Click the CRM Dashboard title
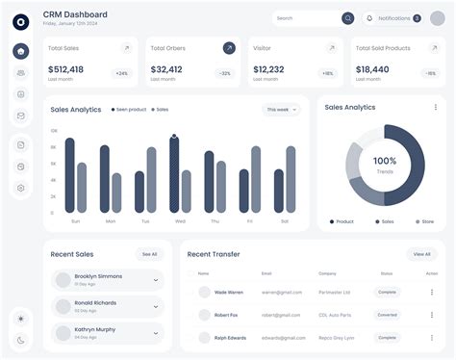click(x=75, y=14)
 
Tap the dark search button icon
click(x=347, y=18)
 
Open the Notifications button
click(x=393, y=18)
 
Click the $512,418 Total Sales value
click(x=65, y=69)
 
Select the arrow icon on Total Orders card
click(x=229, y=48)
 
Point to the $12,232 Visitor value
click(x=267, y=69)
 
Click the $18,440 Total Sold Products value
click(x=372, y=69)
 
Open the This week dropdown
click(x=281, y=110)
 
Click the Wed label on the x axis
click(x=180, y=220)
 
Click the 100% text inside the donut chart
click(x=385, y=161)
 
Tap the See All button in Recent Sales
click(x=149, y=254)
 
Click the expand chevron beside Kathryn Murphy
click(x=156, y=334)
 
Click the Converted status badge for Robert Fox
click(x=387, y=315)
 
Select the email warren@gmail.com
click(x=282, y=292)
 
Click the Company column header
click(x=327, y=273)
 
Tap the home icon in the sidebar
click(x=21, y=51)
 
